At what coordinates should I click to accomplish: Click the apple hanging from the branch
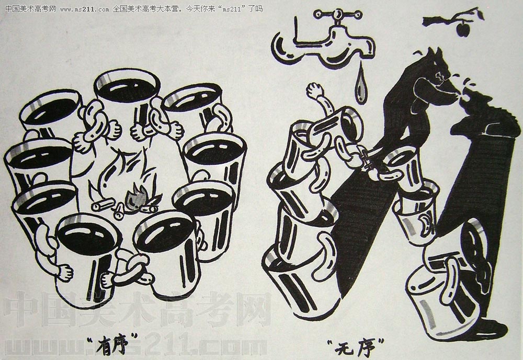(x=462, y=29)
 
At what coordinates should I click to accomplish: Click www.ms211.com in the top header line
(x=85, y=9)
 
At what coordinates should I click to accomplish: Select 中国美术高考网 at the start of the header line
(x=31, y=9)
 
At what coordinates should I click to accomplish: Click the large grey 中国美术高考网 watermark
(x=137, y=309)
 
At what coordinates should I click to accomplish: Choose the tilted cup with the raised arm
(x=337, y=126)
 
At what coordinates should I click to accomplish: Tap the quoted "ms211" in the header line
(x=232, y=9)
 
